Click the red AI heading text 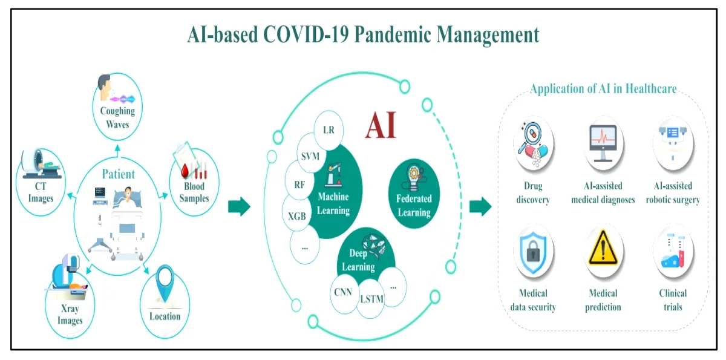coord(381,125)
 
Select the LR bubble coord(329,130)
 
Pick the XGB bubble coord(297,215)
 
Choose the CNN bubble coord(343,293)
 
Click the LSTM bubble coord(371,299)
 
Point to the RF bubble coord(299,184)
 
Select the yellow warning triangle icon coord(603,247)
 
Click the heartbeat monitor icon coord(603,143)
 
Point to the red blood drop coord(185,171)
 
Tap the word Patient coord(119,174)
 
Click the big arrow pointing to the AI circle coord(239,206)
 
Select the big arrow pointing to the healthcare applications coord(480,206)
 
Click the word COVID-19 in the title coord(306,34)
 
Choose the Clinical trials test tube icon coord(673,252)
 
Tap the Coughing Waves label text coord(117,117)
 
